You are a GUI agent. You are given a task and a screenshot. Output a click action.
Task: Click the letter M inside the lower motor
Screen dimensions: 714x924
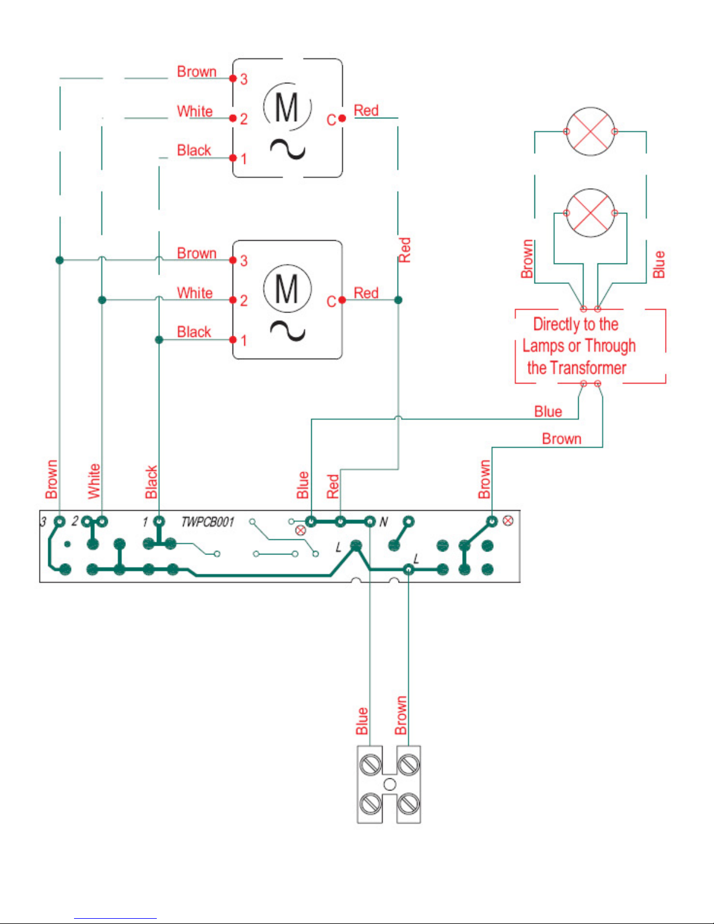tap(286, 289)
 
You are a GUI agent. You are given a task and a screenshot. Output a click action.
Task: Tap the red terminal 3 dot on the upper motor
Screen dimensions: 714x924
tap(233, 78)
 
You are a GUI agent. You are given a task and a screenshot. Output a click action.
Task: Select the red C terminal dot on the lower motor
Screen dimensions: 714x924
tap(342, 300)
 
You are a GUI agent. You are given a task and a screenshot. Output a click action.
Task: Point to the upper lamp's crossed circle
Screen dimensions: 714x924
tap(590, 131)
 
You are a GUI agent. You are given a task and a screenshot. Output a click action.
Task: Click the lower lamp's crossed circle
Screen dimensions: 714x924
tap(590, 213)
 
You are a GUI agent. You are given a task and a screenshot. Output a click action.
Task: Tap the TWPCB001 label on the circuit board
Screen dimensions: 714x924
tap(207, 522)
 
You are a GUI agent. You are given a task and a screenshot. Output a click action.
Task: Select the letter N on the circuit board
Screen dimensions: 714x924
tap(384, 522)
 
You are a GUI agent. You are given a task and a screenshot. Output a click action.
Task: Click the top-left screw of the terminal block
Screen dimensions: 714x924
tap(370, 764)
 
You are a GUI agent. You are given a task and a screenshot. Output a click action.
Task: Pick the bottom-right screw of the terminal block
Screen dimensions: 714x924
tap(409, 803)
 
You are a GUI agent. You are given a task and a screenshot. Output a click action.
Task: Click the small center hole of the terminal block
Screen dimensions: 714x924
tap(390, 784)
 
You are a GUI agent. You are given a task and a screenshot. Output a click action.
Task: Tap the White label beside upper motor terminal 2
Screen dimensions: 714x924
tap(195, 111)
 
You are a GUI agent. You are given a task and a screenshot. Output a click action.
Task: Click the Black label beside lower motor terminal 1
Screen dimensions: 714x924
tap(194, 332)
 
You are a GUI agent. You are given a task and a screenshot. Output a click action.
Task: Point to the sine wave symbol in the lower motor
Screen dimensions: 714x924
tap(288, 331)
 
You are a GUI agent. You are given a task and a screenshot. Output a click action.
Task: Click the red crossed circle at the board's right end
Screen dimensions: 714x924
tap(508, 521)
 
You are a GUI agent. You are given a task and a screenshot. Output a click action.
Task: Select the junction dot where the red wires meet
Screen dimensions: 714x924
tap(398, 300)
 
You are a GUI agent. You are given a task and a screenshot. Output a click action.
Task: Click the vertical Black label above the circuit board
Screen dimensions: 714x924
tap(152, 482)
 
